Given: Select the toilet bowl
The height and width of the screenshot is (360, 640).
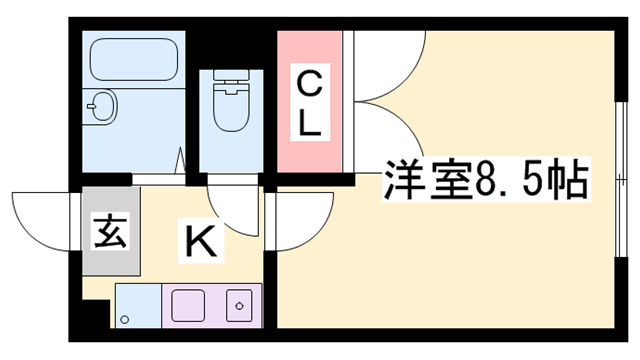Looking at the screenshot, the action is [231, 107].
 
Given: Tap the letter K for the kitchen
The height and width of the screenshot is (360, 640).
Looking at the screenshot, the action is [198, 240].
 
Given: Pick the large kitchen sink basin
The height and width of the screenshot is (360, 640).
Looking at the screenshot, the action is [188, 305].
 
